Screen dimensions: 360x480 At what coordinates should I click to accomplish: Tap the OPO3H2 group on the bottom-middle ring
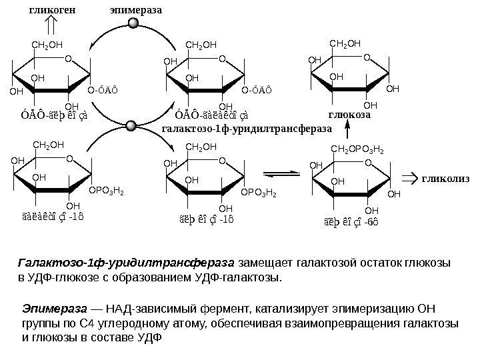[x=258, y=193]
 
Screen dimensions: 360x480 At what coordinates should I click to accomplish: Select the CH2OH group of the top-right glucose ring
[x=345, y=44]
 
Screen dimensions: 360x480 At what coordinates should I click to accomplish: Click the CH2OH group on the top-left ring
[x=47, y=45]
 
